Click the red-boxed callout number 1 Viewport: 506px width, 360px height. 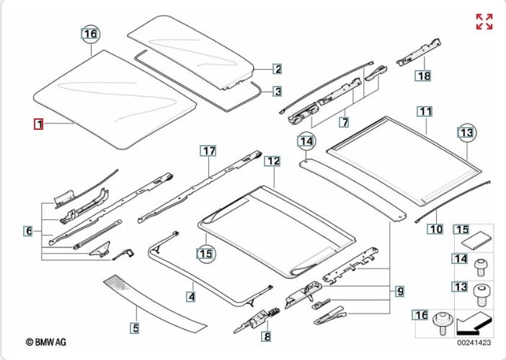tap(39, 125)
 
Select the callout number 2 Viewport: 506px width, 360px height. tap(277, 69)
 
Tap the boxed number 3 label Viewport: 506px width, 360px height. tap(277, 92)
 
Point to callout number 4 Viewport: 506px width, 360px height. tap(191, 296)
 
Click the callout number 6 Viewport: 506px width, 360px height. tap(28, 231)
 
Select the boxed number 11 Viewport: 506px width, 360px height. tap(425, 112)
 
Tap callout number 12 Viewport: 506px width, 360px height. tap(272, 162)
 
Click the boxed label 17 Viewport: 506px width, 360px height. tap(208, 151)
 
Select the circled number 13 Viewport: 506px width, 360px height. tap(468, 132)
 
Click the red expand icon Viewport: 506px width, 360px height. tap(484, 22)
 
